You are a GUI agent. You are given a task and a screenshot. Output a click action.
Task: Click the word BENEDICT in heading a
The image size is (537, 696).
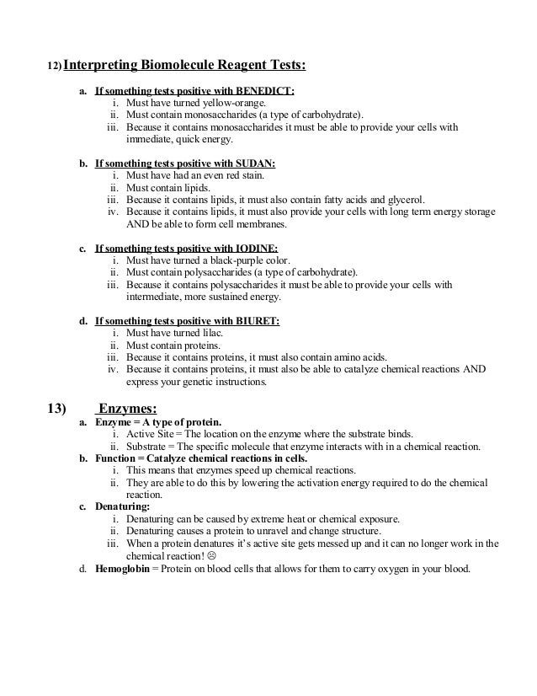click(x=267, y=91)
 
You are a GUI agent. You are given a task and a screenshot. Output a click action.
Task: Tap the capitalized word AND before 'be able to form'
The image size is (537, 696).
click(x=136, y=225)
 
